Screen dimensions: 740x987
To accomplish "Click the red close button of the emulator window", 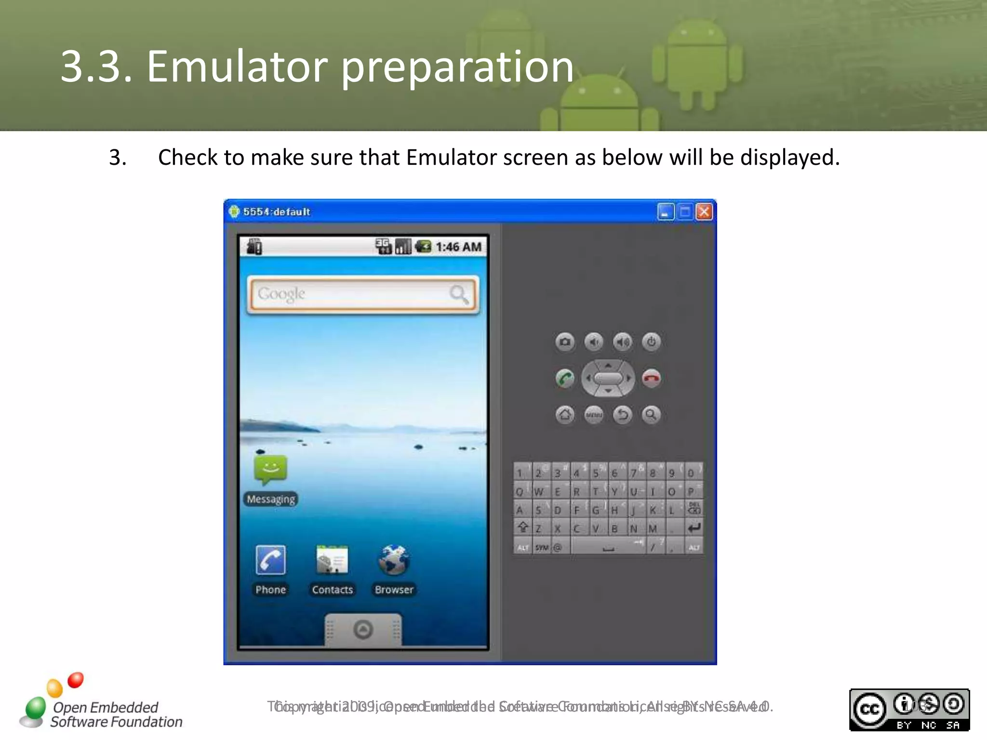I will tap(704, 212).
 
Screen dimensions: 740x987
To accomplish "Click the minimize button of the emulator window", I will tap(666, 212).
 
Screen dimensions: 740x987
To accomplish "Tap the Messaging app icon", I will tap(271, 470).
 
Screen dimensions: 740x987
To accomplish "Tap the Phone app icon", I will tap(271, 560).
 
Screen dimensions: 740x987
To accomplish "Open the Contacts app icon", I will tap(332, 560).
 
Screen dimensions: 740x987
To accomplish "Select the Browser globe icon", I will tap(394, 560).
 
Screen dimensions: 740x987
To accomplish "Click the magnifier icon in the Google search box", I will tap(458, 294).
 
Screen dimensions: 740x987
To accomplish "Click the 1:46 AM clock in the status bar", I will tap(458, 247).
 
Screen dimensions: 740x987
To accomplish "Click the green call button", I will tap(565, 378).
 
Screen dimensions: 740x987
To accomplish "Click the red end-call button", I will tap(652, 378).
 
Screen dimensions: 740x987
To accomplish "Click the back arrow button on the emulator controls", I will tap(623, 414).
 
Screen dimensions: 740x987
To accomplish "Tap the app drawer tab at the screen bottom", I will tap(363, 629).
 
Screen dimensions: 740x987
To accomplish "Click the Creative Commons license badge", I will tap(909, 710).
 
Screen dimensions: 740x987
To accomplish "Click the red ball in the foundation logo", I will tap(76, 680).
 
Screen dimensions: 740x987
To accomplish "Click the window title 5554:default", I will tap(276, 212).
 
